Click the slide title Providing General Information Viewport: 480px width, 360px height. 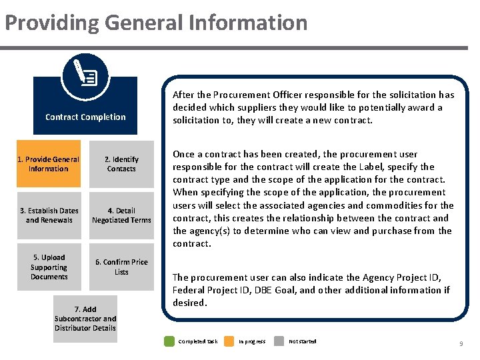[156, 23]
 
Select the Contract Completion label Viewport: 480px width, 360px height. [85, 117]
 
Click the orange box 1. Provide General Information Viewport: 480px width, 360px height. [48, 164]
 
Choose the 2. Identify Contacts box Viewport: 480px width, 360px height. [121, 164]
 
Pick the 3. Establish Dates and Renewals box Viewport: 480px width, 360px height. [48, 215]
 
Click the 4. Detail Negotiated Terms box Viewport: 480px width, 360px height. [121, 215]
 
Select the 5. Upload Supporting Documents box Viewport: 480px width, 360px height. [49, 267]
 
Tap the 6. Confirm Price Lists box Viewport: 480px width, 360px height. [121, 267]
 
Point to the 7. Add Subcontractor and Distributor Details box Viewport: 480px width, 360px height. [85, 319]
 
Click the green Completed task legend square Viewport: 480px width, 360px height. [169, 341]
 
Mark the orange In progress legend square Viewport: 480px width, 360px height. [229, 341]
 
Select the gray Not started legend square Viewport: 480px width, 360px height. [279, 341]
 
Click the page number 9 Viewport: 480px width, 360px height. [461, 343]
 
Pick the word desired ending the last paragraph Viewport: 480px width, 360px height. [189, 303]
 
